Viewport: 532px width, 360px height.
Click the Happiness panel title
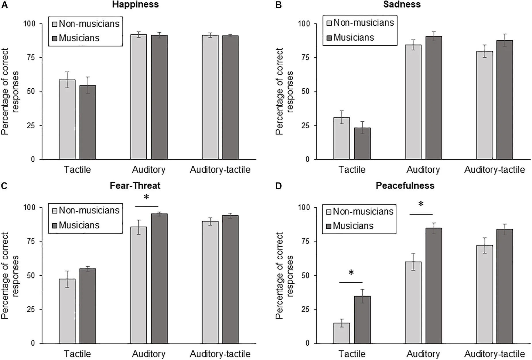point(135,5)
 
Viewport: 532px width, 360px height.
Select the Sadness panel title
point(402,5)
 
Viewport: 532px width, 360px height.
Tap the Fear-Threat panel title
point(135,186)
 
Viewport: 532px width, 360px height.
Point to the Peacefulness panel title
point(405,186)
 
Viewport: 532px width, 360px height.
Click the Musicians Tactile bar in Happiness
point(88,122)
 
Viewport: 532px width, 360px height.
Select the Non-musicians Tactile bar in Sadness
point(342,138)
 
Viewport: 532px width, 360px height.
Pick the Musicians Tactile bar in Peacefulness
point(362,320)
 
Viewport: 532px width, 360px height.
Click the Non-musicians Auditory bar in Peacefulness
point(413,302)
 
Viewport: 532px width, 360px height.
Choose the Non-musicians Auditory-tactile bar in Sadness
point(485,105)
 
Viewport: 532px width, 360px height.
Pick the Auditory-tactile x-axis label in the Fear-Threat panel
point(220,354)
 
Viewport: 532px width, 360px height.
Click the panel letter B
point(278,5)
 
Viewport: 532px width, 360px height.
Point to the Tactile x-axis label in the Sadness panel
point(352,169)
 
